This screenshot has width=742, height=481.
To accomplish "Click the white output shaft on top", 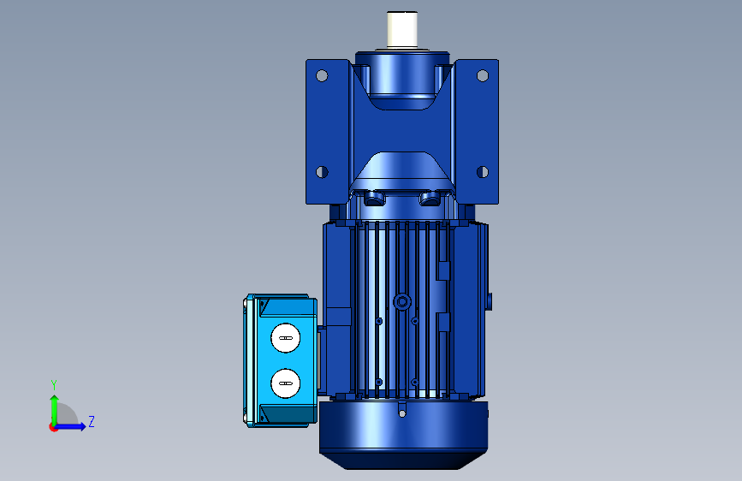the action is coord(402,29).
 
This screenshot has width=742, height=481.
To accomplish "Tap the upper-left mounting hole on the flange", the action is coord(322,76).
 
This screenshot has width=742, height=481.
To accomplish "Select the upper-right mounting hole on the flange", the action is coord(482,76).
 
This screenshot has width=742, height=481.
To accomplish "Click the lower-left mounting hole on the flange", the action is coord(322,172).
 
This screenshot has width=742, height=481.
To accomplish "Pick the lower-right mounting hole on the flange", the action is coord(482,172).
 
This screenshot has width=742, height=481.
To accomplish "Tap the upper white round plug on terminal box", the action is coord(285,338).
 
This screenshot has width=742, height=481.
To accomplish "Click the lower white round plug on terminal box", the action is coord(285,383).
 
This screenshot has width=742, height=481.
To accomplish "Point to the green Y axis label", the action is coord(54,385).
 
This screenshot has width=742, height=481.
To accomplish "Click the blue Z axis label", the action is coord(92,421).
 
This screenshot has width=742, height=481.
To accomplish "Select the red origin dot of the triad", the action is coord(53,427).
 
